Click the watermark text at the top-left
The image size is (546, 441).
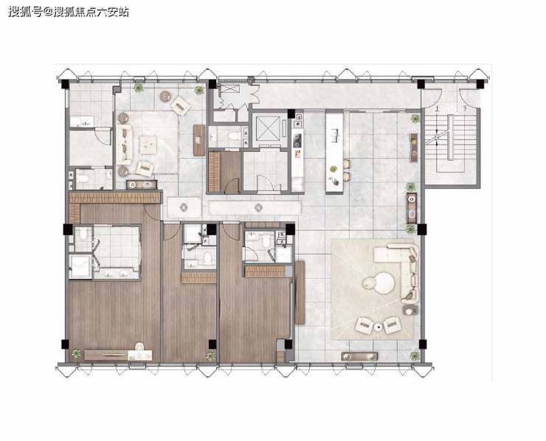click(68, 12)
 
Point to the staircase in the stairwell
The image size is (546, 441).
click(451, 137)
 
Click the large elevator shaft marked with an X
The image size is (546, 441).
click(268, 128)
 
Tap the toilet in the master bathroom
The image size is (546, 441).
click(83, 234)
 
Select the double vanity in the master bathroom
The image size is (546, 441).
click(116, 274)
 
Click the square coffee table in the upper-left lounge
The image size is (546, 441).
click(148, 145)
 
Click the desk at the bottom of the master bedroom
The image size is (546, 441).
click(118, 355)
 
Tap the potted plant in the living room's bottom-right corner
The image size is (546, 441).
click(415, 355)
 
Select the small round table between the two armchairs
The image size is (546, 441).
click(379, 327)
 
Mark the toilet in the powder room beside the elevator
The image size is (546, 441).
click(234, 135)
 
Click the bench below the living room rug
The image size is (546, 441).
click(359, 356)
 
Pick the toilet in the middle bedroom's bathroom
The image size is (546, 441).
click(208, 258)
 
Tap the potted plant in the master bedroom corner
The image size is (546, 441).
click(76, 354)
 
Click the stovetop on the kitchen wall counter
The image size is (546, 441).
click(297, 141)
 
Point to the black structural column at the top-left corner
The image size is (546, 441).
click(65, 85)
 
